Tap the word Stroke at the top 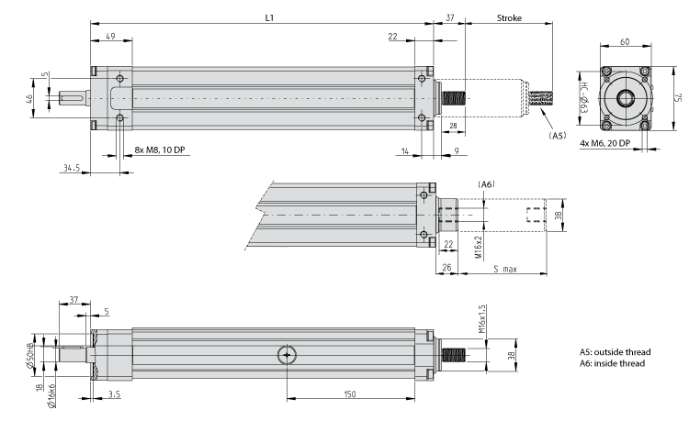(510, 17)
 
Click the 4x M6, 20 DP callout (609, 143)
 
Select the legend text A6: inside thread (612, 363)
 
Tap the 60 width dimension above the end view (625, 42)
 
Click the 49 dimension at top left (109, 36)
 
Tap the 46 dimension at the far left (28, 98)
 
